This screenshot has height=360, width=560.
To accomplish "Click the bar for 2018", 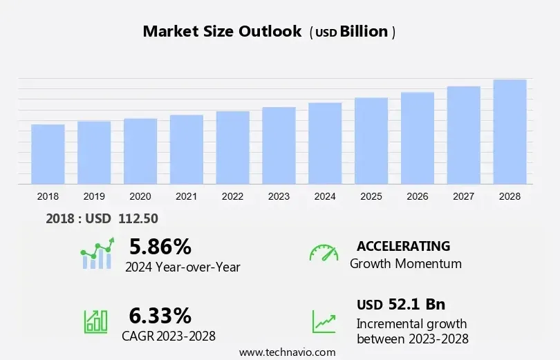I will (x=48, y=154).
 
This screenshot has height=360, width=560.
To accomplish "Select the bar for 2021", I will (x=187, y=149).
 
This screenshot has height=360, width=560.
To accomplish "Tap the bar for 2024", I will (x=325, y=143).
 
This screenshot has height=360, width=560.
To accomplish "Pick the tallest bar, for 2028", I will (x=510, y=131).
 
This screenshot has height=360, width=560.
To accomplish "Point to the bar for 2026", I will (x=418, y=138).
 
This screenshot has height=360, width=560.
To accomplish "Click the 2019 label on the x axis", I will (x=94, y=196).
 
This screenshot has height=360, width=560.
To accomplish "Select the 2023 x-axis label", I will (x=279, y=196).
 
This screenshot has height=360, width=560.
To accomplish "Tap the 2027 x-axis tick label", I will (x=463, y=196).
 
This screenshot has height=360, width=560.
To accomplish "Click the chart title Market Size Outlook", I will (x=222, y=32).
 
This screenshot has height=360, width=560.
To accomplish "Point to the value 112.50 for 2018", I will (x=138, y=218).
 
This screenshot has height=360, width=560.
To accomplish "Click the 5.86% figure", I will (x=160, y=247).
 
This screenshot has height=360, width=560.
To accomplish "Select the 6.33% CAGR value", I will (x=160, y=316).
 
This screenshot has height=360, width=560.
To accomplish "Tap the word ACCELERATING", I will (x=403, y=246).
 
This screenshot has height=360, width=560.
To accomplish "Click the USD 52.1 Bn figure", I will (x=401, y=305).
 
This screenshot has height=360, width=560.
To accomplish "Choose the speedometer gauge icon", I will (x=324, y=252).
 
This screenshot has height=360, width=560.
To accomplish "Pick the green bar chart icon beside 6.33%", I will (x=95, y=320).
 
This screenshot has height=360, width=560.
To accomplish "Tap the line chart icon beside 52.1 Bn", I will (x=324, y=321).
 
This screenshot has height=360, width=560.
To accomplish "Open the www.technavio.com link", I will (x=287, y=352).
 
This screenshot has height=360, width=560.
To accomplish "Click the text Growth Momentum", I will (x=405, y=263).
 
